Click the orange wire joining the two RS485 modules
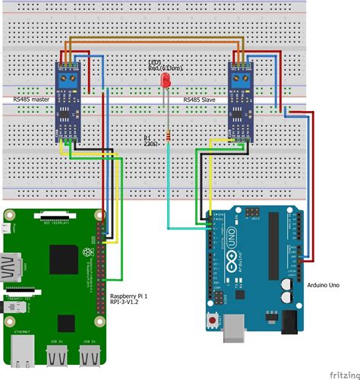152,39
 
